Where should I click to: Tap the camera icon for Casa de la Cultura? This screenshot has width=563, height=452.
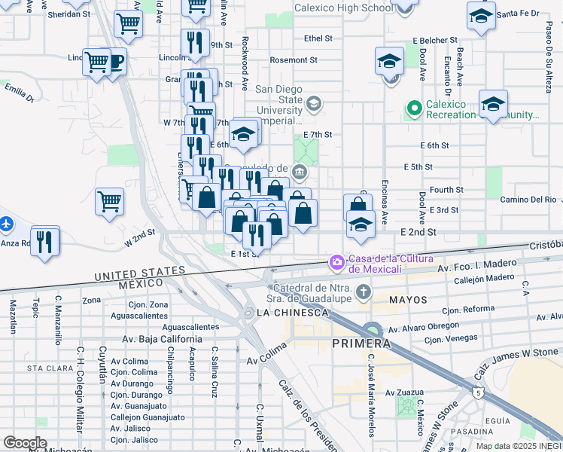pyautogui.click(x=336, y=262)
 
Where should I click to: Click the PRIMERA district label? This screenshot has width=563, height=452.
pyautogui.click(x=361, y=344)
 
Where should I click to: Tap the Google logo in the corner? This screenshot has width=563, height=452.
pyautogui.click(x=25, y=442)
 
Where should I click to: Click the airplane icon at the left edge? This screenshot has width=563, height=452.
pyautogui.click(x=5, y=224)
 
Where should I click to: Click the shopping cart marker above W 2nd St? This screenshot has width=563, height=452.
pyautogui.click(x=110, y=201)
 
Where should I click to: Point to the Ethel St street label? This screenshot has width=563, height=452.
pyautogui.click(x=318, y=38)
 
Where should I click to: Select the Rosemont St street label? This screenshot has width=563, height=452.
pyautogui.click(x=293, y=60)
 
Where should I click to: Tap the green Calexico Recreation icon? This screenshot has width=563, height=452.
pyautogui.click(x=413, y=109)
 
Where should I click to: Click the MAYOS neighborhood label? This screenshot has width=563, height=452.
pyautogui.click(x=407, y=300)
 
